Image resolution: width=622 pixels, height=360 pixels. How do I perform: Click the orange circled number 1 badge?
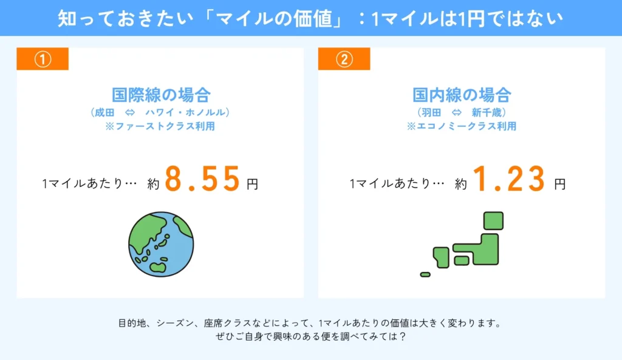click(x=42, y=59)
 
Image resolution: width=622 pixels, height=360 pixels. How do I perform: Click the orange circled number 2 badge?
click(x=344, y=59)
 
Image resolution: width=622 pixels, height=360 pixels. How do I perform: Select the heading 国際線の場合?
click(x=161, y=95)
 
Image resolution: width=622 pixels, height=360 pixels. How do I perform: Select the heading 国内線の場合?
click(x=462, y=95)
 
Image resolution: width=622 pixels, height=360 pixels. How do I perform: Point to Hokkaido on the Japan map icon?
click(x=493, y=220)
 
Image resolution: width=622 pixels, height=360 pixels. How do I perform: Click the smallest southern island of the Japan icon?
click(x=425, y=274)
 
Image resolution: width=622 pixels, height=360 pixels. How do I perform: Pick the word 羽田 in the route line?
click(x=430, y=112)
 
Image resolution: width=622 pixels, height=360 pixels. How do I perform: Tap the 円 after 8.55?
click(x=252, y=183)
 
